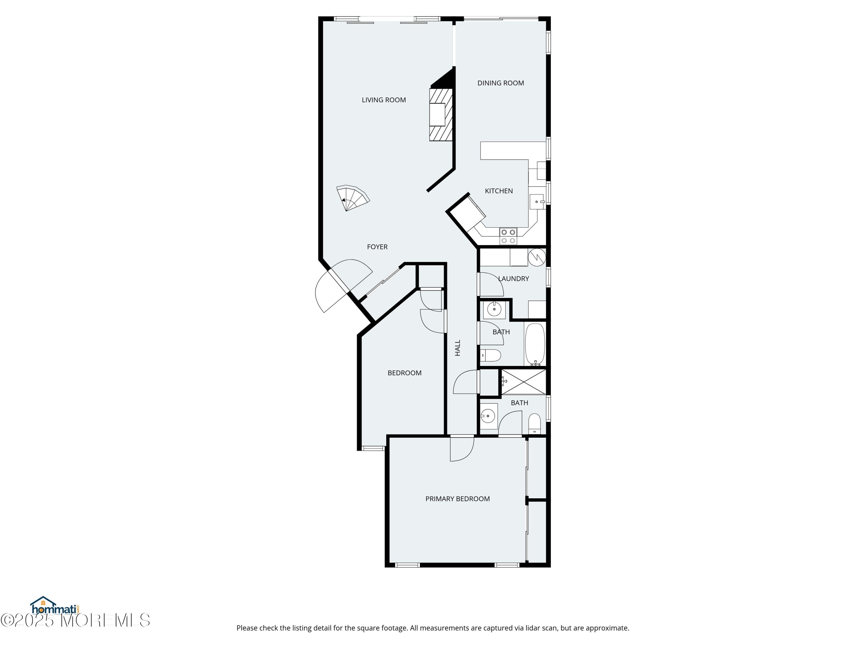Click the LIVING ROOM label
pyautogui.click(x=384, y=100)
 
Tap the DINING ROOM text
pyautogui.click(x=500, y=83)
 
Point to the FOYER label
pyautogui.click(x=377, y=247)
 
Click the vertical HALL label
pyautogui.click(x=457, y=348)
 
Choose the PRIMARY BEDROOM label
pyautogui.click(x=457, y=499)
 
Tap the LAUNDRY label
pyautogui.click(x=513, y=278)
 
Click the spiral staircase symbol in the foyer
pyautogui.click(x=352, y=198)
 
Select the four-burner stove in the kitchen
pyautogui.click(x=508, y=236)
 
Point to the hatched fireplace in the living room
pyautogui.click(x=441, y=114)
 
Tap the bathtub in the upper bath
pyautogui.click(x=535, y=344)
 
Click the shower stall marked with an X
pyautogui.click(x=523, y=382)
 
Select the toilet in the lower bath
pyautogui.click(x=534, y=424)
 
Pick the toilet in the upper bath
pyautogui.click(x=490, y=355)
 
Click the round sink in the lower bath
pyautogui.click(x=488, y=416)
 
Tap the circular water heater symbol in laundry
pyautogui.click(x=537, y=257)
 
